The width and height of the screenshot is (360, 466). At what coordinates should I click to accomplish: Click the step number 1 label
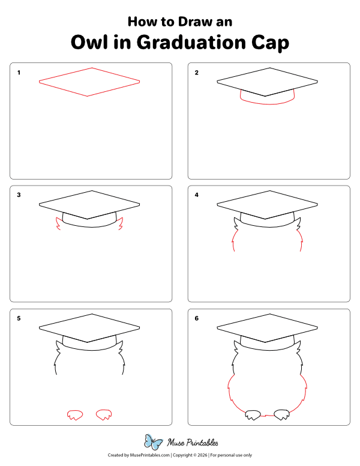[19, 73]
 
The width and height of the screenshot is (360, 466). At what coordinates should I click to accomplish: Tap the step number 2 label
[196, 73]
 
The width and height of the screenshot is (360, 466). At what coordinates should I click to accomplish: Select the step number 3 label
[19, 195]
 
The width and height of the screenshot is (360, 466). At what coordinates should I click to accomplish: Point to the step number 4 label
[196, 195]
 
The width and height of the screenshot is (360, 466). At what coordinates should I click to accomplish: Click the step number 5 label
[19, 318]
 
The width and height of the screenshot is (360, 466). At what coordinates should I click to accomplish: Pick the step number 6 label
[196, 318]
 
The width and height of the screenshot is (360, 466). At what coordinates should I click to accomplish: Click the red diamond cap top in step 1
[89, 81]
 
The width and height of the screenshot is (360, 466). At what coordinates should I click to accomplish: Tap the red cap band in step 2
[268, 101]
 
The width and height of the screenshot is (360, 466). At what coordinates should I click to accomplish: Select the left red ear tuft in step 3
[58, 225]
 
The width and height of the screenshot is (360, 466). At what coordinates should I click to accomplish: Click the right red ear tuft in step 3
[121, 225]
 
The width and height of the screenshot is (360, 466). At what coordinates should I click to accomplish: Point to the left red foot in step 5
[74, 414]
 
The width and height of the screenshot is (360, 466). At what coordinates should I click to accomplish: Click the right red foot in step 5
[104, 414]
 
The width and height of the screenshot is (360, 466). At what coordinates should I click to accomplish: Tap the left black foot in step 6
[253, 414]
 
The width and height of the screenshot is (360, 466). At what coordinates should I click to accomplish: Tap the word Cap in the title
[271, 43]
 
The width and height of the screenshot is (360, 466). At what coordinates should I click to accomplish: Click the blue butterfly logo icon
[154, 443]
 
